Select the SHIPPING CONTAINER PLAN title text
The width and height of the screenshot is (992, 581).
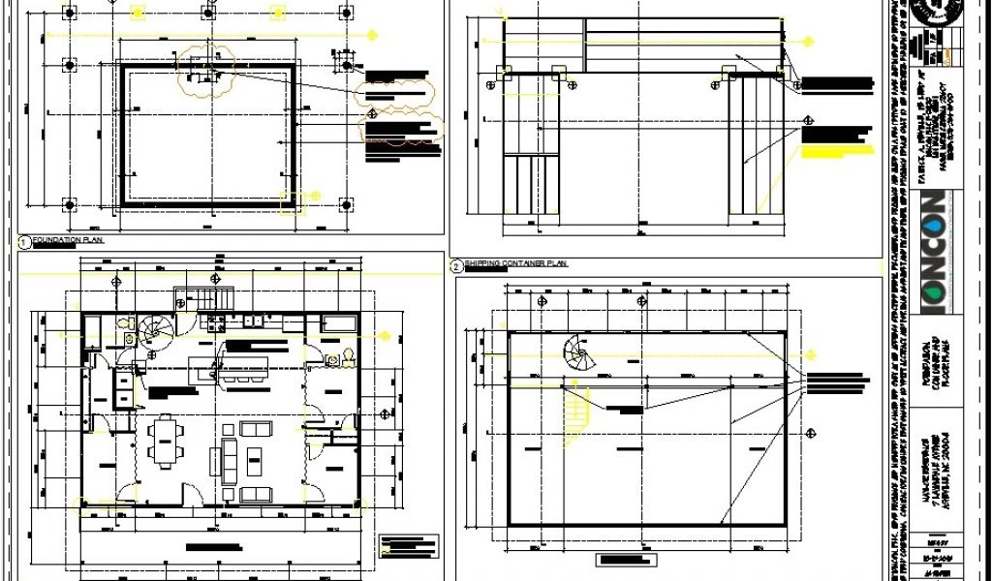[514, 263]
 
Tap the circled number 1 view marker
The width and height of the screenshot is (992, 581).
[22, 239]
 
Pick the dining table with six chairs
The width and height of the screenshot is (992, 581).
[166, 440]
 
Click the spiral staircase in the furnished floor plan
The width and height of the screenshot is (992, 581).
[153, 334]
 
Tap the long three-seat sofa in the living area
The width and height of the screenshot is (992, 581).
[230, 460]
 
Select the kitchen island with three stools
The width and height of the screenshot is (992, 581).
[242, 372]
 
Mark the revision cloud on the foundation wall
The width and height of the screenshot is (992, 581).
[204, 75]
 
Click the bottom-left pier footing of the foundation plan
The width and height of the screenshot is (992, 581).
[70, 204]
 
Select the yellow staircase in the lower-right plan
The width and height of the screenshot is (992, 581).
[575, 414]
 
